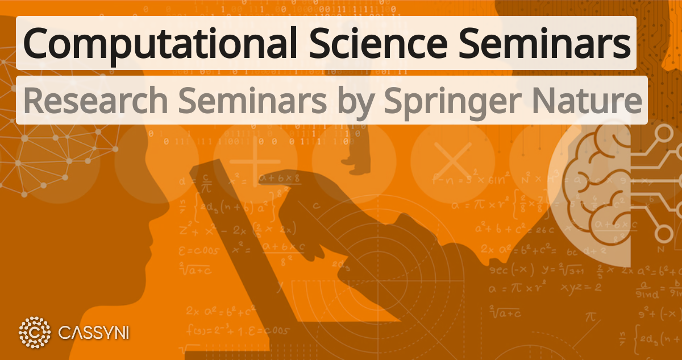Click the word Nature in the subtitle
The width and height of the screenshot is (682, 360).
tap(593, 101)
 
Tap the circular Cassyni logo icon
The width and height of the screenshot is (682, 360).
tap(35, 332)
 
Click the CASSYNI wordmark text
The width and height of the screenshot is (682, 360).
tap(94, 332)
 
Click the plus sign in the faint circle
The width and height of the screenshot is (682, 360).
tap(254, 160)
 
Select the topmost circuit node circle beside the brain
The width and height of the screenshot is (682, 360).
tap(664, 135)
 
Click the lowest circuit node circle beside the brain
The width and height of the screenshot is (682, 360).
tap(663, 233)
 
